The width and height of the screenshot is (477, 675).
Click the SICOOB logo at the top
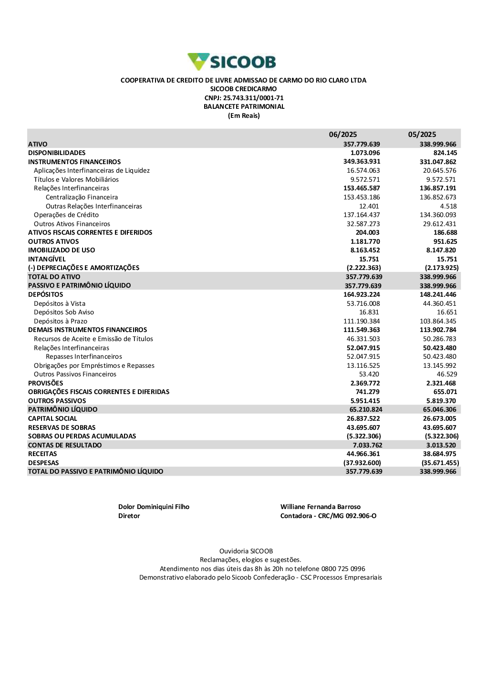click(232, 62)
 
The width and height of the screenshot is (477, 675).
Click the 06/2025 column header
click(342, 135)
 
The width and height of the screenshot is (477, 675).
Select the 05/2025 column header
click(422, 135)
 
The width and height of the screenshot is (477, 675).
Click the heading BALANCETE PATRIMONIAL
click(244, 106)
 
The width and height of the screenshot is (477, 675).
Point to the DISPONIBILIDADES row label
click(57, 153)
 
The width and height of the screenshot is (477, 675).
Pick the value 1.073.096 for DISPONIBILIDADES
click(365, 153)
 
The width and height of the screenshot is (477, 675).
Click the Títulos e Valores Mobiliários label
click(76, 179)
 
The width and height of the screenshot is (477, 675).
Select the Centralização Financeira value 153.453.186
click(362, 197)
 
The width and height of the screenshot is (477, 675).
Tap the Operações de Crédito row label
click(66, 215)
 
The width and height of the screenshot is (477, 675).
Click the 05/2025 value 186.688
click(445, 232)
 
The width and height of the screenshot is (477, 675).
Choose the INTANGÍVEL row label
click(47, 259)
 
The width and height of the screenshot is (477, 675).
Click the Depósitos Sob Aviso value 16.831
click(369, 312)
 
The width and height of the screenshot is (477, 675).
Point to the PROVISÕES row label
click(45, 383)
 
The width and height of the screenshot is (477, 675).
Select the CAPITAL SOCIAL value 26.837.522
click(363, 418)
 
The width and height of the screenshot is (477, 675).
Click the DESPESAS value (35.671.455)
click(440, 463)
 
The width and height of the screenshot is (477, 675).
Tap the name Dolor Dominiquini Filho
click(154, 507)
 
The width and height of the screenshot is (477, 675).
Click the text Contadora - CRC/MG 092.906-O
click(328, 516)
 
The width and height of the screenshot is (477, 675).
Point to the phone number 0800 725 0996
click(343, 569)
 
